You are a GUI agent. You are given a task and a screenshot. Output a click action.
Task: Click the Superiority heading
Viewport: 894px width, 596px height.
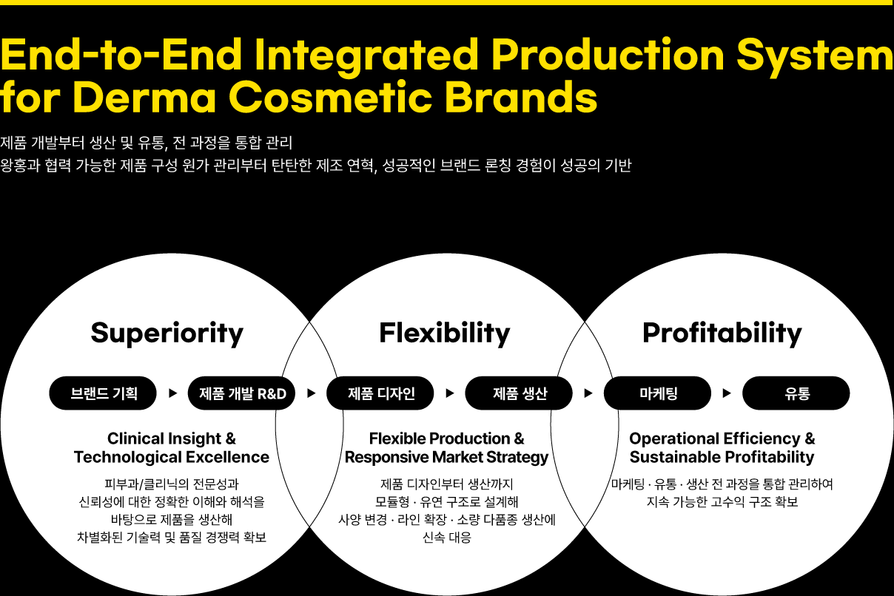(x=167, y=333)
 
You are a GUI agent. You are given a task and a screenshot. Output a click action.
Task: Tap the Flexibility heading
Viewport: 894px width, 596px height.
(x=445, y=333)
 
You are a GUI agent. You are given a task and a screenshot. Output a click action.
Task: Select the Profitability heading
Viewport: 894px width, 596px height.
(x=722, y=333)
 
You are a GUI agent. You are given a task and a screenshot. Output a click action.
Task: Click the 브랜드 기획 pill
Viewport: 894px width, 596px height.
(x=103, y=393)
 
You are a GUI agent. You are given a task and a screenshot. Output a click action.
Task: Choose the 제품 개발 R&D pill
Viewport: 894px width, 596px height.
(x=241, y=393)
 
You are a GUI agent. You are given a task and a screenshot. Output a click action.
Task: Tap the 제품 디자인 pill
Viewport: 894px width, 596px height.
(x=380, y=393)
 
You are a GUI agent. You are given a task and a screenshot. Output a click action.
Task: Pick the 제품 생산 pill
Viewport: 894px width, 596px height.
(x=519, y=393)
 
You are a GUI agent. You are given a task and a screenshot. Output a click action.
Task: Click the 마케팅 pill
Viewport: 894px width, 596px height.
(x=657, y=393)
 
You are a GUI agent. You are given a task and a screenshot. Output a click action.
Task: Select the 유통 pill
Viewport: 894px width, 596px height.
(x=796, y=393)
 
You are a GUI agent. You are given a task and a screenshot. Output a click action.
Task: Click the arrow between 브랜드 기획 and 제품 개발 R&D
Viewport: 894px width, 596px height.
(x=172, y=393)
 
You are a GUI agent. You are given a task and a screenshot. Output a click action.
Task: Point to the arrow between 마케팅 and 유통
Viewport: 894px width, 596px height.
(x=727, y=393)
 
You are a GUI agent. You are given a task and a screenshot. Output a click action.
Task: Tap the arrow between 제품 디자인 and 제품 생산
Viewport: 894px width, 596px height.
(x=449, y=393)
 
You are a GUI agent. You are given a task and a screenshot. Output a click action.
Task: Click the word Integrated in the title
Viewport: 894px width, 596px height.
(x=366, y=55)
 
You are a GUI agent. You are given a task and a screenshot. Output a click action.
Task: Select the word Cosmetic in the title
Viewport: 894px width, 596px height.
(x=330, y=97)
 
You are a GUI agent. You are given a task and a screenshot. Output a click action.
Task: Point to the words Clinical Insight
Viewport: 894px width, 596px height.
(x=164, y=438)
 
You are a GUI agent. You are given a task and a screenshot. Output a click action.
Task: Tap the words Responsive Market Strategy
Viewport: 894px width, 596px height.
(x=446, y=457)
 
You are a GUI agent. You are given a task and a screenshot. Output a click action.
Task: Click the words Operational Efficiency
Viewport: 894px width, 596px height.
(x=715, y=438)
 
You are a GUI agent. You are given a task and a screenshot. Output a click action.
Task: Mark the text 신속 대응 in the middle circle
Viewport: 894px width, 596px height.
(x=446, y=537)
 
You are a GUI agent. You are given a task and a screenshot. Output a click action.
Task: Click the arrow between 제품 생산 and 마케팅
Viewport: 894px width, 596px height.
(x=588, y=393)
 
